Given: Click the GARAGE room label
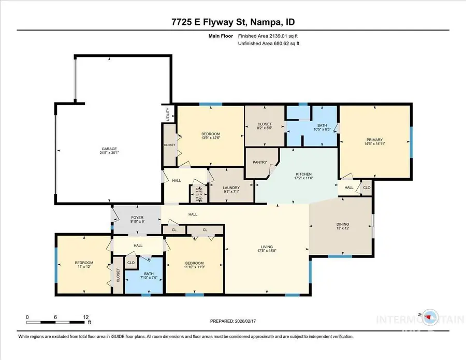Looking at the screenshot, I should pos(109,148).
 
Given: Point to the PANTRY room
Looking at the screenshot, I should pos(259,162).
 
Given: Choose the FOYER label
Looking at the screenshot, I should pos(137,218).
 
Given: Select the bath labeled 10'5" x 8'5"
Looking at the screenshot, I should pos(312,125).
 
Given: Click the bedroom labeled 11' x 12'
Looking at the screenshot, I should pos(84,263).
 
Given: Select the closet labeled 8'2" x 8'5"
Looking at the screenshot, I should pos(264,124).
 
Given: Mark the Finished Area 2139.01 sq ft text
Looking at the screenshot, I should pos(268,36).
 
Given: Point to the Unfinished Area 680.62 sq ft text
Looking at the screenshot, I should pos(268,44).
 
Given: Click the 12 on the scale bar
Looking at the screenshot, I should pos(86,316).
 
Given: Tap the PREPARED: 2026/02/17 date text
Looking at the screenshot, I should pos(232,321).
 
